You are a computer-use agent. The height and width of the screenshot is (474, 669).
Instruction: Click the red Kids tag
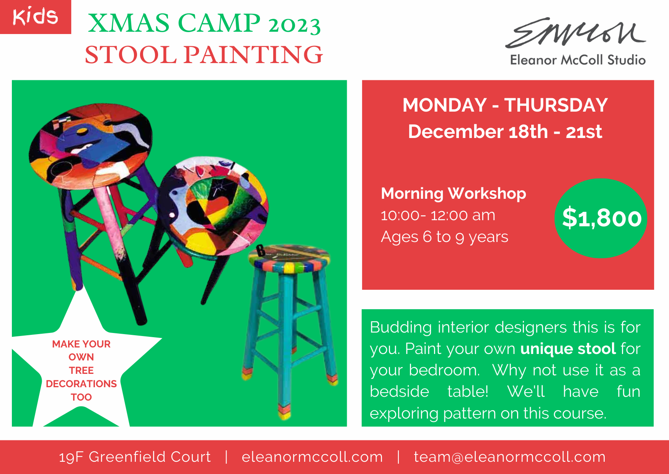35,17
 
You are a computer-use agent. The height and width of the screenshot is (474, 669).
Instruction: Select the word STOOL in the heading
131,55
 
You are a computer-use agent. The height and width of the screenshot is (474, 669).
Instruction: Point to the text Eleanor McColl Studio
578,60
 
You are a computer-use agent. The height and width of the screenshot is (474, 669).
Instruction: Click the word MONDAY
445,105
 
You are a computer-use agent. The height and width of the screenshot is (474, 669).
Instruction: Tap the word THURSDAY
556,105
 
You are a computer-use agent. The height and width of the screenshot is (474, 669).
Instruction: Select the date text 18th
528,132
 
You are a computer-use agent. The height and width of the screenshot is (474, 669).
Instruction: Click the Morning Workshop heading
454,193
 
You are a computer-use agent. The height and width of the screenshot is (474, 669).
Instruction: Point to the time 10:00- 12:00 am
438,215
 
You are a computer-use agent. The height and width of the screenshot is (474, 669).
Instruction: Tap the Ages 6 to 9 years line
445,237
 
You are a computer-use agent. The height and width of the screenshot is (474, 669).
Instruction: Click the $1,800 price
602,218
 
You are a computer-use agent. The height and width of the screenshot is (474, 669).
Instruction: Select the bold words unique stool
568,349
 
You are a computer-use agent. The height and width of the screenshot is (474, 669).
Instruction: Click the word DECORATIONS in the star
82,384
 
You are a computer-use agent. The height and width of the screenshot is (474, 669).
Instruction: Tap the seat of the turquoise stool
289,258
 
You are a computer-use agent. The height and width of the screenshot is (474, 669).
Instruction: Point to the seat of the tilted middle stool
213,206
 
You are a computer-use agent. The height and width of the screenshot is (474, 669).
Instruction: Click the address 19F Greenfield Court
135,457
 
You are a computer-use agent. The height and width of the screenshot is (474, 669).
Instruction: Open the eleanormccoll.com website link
312,457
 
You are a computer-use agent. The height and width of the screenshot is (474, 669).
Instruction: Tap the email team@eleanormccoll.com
510,457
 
